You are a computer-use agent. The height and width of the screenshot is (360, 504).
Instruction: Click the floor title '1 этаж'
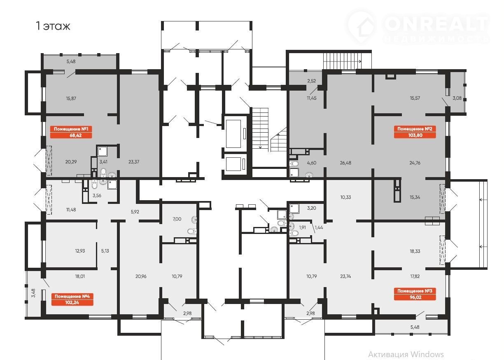click(x=53, y=26)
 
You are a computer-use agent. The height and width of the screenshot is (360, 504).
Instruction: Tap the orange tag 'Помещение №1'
click(x=71, y=132)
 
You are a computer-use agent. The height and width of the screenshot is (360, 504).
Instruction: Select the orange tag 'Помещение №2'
click(x=415, y=132)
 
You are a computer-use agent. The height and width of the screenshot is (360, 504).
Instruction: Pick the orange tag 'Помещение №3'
click(x=415, y=294)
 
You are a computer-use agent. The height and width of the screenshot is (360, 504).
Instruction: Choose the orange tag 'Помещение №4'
click(x=72, y=299)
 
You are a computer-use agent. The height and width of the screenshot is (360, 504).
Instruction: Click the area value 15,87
click(x=71, y=98)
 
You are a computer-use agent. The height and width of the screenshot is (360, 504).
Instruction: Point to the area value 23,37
click(x=134, y=161)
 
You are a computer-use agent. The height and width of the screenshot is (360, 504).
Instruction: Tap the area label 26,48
click(x=345, y=163)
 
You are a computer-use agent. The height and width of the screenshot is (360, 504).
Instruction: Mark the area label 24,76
click(x=415, y=163)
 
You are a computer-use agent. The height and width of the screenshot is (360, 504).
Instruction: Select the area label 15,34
click(x=415, y=197)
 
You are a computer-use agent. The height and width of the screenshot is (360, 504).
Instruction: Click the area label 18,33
click(x=415, y=251)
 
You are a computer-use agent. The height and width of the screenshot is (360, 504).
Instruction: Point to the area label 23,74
click(x=345, y=276)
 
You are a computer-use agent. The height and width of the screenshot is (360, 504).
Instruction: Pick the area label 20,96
click(x=141, y=276)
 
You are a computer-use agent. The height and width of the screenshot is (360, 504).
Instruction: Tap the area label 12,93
click(x=80, y=250)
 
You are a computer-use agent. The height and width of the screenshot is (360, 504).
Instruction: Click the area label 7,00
click(x=177, y=219)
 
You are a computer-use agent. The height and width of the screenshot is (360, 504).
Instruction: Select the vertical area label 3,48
click(x=33, y=293)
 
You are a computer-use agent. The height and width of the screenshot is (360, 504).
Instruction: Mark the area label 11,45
click(x=311, y=98)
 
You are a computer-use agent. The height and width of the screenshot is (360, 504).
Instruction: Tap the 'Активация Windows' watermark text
click(x=406, y=354)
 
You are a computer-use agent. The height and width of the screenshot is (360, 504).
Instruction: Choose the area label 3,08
click(x=457, y=98)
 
